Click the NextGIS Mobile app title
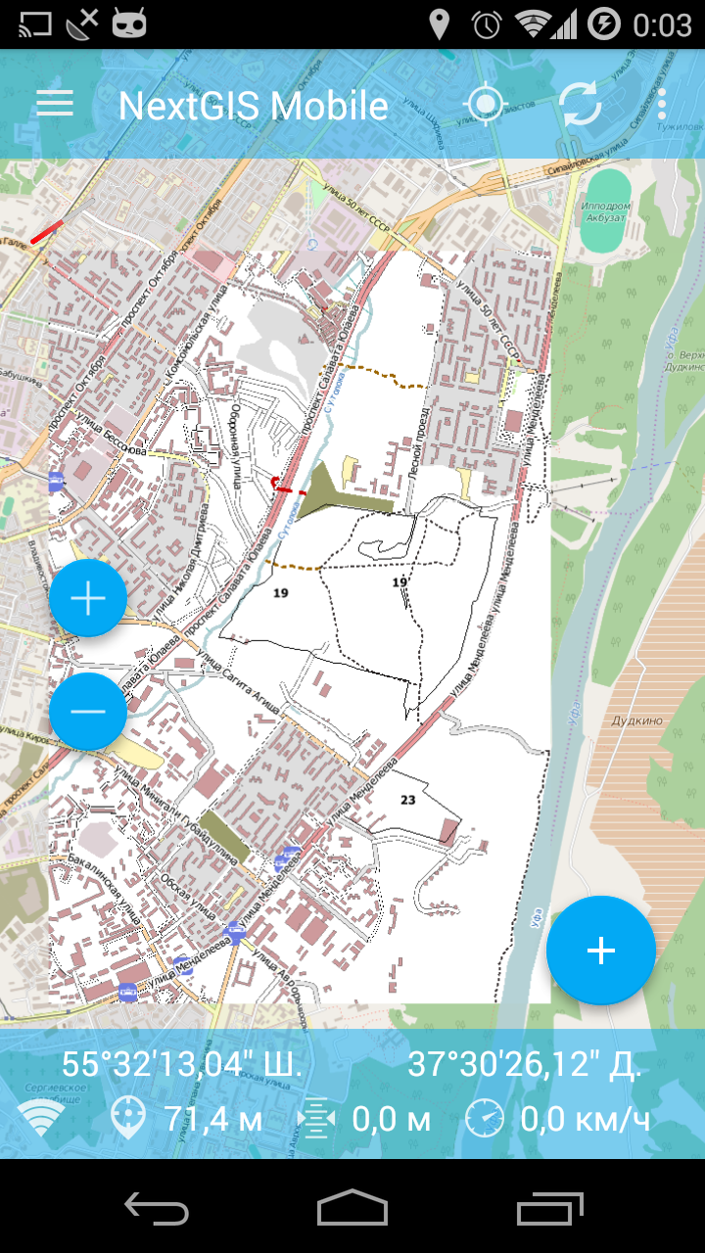tap(253, 106)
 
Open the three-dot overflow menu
tap(663, 105)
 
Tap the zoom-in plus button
tap(88, 598)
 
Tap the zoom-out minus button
tap(88, 711)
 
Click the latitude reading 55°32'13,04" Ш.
tap(182, 1065)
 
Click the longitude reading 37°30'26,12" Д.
tap(525, 1065)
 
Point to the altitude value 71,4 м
tap(212, 1118)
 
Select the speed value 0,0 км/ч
tap(586, 1118)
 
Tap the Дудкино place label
tap(636, 720)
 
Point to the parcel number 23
tap(408, 800)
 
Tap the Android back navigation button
tap(157, 1208)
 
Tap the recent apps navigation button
tap(549, 1208)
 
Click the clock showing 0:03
tap(662, 23)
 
